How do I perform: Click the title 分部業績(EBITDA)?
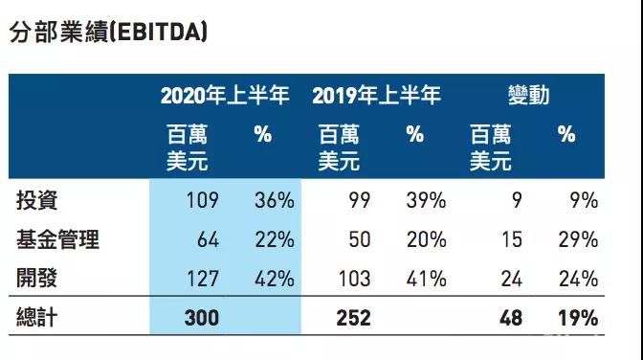coord(108,32)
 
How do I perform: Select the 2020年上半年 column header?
coord(225,96)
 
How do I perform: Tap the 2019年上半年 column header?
coord(376,96)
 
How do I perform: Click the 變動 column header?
coord(528,96)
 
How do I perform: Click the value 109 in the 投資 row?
coord(202,201)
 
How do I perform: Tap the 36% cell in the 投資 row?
coord(274,201)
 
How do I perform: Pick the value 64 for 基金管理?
coord(208,239)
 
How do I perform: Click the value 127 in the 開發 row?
coord(202,279)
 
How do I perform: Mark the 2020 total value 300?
coord(201,318)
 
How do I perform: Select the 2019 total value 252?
coord(352,318)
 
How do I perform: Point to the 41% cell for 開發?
coord(426,279)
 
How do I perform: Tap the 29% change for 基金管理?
coord(578,239)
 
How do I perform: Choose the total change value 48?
coord(511,318)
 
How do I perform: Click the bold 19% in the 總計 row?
coord(578,318)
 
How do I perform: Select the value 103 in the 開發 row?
coord(352,279)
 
